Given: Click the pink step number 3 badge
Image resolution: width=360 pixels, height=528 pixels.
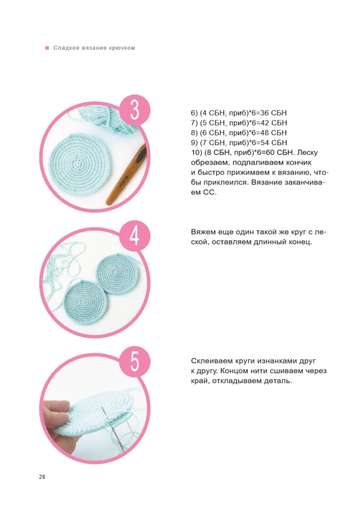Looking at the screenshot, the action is (135, 110).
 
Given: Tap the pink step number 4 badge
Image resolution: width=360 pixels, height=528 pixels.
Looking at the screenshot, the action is (135, 235).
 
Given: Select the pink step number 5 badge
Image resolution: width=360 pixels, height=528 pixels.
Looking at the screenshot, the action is (135, 362).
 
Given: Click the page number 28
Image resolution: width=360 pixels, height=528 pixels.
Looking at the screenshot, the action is (42, 477).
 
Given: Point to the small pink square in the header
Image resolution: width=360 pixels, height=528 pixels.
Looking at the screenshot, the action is (47, 48).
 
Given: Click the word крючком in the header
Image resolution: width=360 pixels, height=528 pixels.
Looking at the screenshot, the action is (122, 48).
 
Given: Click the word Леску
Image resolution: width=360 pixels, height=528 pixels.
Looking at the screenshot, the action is (307, 153).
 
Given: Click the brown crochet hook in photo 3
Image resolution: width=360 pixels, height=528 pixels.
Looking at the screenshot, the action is (126, 175).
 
